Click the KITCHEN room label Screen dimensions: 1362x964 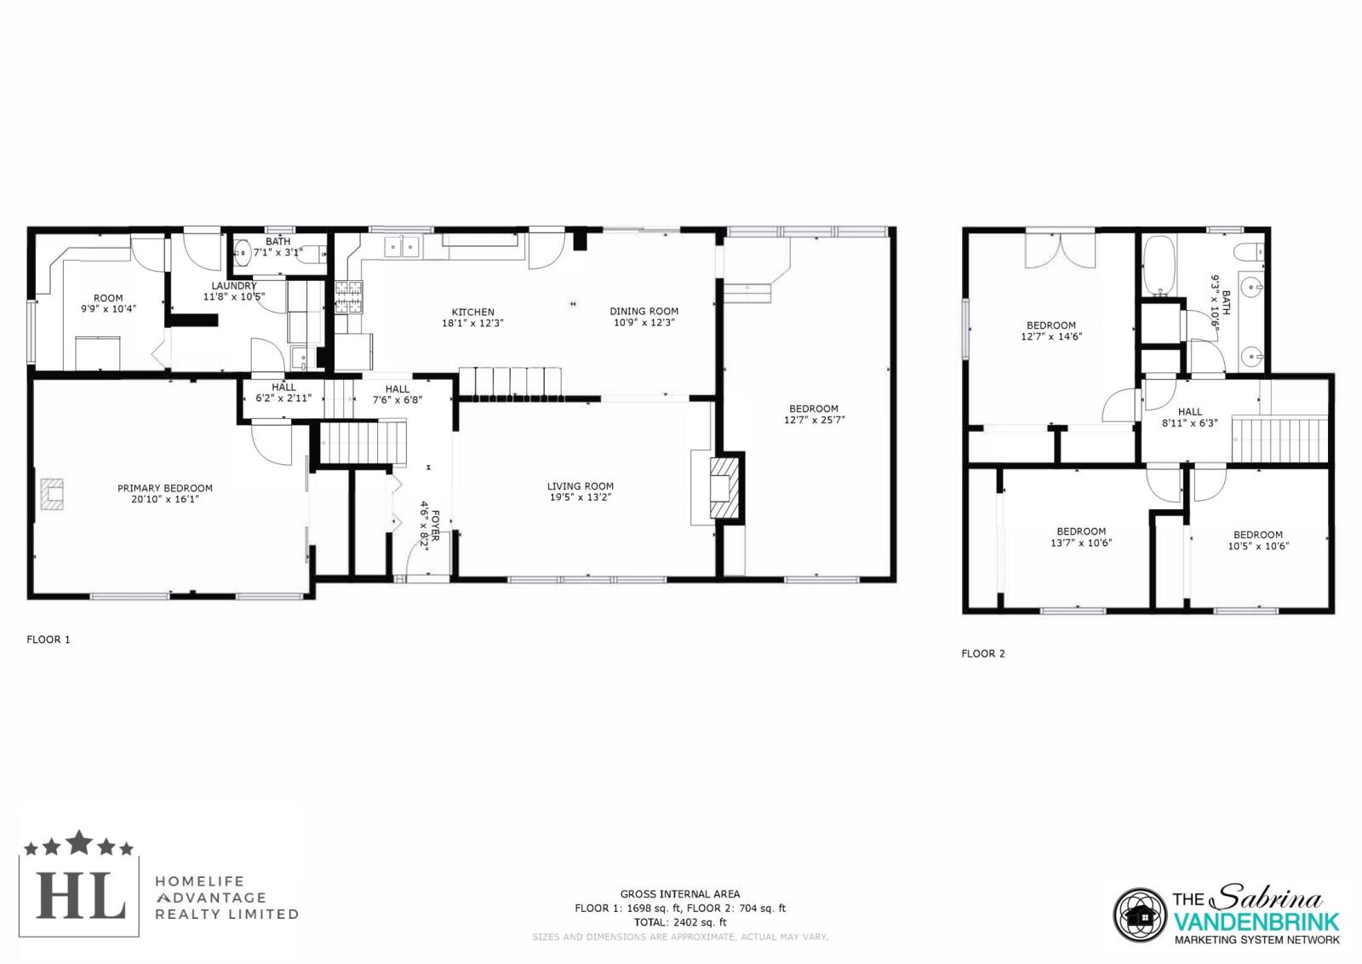(x=472, y=312)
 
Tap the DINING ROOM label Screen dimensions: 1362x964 (x=644, y=312)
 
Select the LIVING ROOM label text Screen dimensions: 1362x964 (x=580, y=486)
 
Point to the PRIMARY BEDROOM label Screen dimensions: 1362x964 (x=165, y=488)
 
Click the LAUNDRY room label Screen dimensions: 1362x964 (x=234, y=286)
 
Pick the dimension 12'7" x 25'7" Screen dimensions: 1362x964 (x=814, y=420)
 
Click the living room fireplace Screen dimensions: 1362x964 (x=726, y=487)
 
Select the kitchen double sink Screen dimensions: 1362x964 (x=402, y=247)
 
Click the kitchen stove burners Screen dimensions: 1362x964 (x=349, y=297)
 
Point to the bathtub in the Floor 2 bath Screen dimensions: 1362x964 (x=1159, y=267)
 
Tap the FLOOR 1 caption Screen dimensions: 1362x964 (x=49, y=640)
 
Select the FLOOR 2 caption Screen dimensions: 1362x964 (x=983, y=653)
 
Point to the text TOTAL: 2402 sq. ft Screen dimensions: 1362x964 (x=680, y=922)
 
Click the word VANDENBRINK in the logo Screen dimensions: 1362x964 (x=1256, y=921)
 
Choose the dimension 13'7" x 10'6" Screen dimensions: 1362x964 (x=1081, y=542)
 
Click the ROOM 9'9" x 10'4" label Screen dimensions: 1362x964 (x=108, y=303)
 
